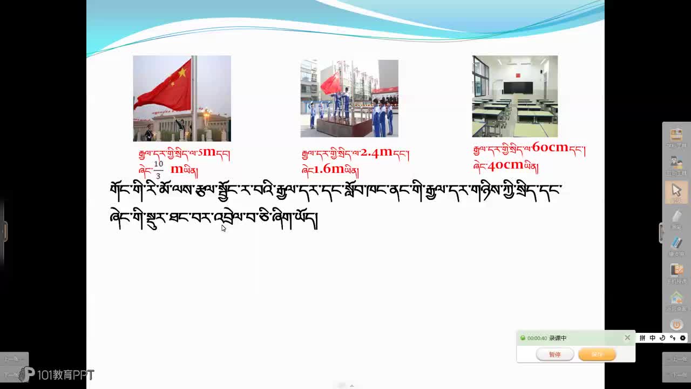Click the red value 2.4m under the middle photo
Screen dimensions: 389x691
(x=376, y=152)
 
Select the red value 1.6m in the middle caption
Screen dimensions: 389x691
(x=329, y=169)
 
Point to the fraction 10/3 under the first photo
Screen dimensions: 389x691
(x=158, y=170)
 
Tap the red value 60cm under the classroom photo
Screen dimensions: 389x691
(x=550, y=147)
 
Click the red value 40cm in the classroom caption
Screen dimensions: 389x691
(x=505, y=165)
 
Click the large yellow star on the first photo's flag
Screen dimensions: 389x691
(x=182, y=72)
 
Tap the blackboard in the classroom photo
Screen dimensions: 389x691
(x=518, y=88)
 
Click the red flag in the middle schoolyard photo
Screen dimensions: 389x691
(x=331, y=84)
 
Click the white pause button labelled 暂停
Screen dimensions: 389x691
(x=554, y=354)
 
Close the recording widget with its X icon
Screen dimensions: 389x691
(x=627, y=338)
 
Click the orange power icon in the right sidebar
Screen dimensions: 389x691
(x=676, y=325)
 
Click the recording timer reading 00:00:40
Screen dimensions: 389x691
(x=537, y=338)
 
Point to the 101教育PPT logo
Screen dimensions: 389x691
(x=58, y=374)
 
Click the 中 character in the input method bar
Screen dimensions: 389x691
(x=652, y=338)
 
